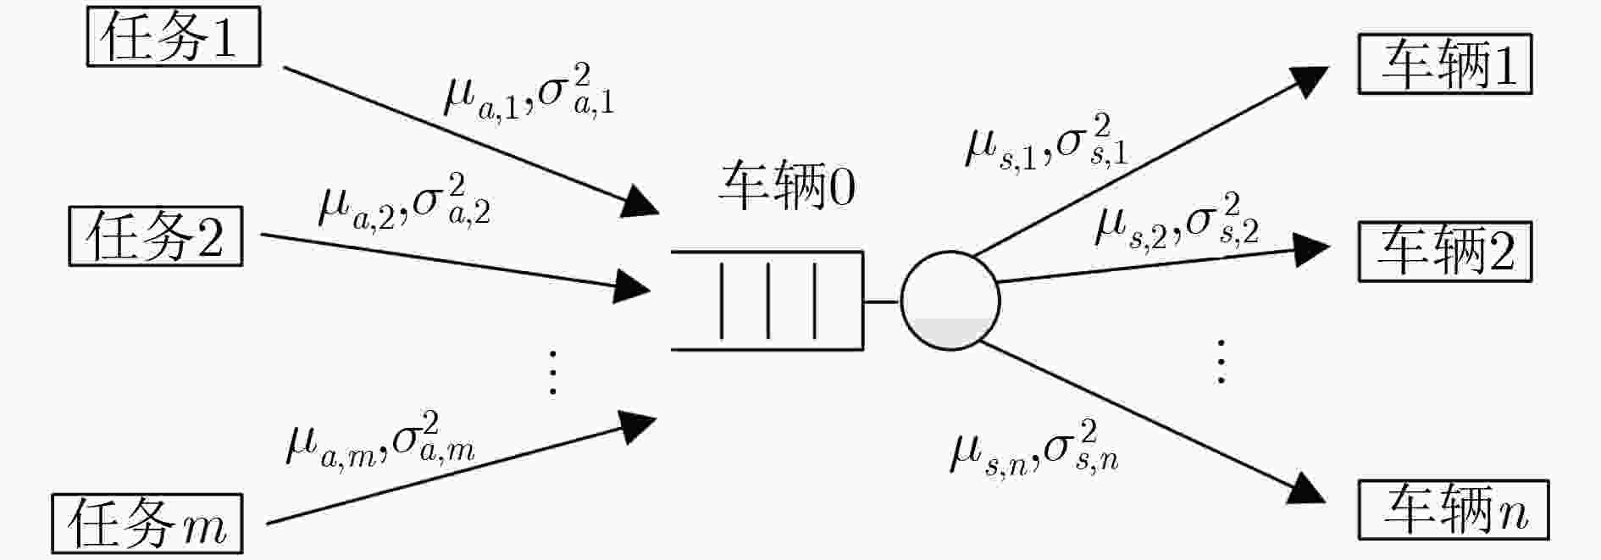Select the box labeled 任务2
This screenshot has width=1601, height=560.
click(156, 236)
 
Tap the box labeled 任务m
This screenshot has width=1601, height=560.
click(147, 524)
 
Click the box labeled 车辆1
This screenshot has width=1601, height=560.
click(1445, 64)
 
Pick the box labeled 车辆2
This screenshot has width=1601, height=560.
click(1445, 252)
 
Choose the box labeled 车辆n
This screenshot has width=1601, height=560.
click(1454, 510)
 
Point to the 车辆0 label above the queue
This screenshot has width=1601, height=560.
click(787, 186)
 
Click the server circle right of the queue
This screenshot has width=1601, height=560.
click(950, 301)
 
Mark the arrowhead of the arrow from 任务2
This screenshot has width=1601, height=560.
click(632, 286)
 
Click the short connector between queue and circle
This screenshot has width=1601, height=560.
click(881, 301)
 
